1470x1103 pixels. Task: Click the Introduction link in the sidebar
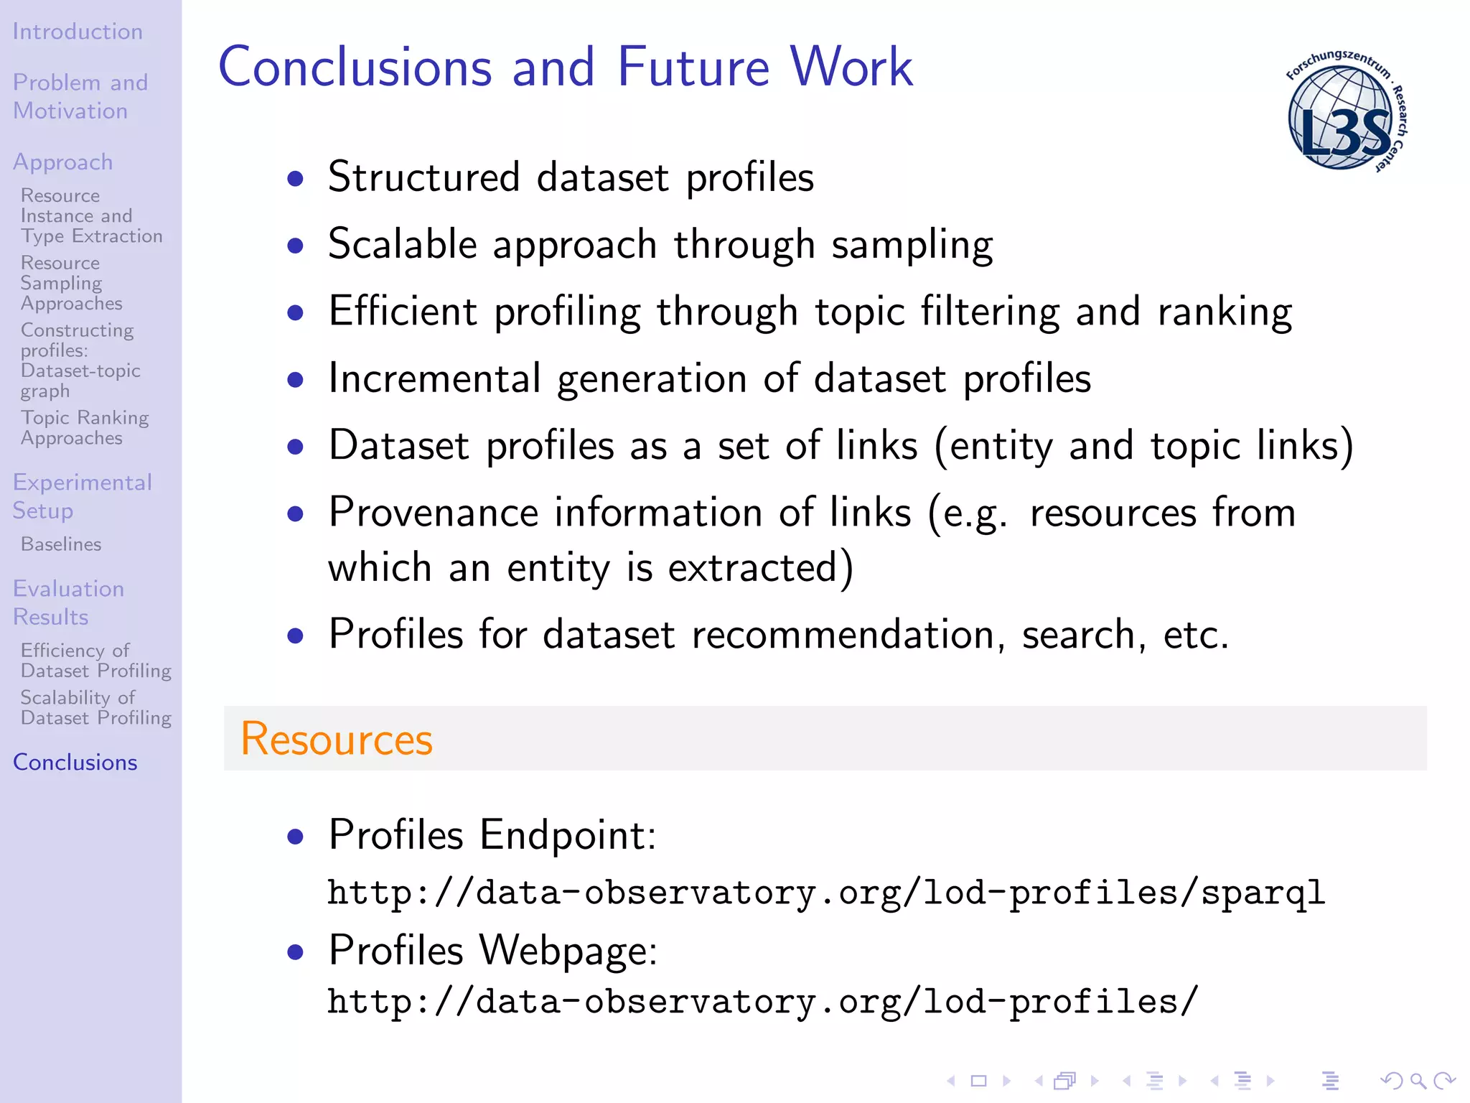coord(78,32)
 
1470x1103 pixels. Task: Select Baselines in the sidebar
coord(61,544)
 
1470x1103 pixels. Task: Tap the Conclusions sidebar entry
coord(75,763)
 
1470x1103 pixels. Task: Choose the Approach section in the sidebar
coord(63,162)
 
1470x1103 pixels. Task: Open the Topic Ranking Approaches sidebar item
coord(85,428)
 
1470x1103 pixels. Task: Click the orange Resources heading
coord(337,739)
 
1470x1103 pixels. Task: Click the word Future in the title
coord(693,67)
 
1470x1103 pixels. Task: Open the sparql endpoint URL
coord(825,893)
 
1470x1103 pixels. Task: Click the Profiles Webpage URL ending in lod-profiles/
coord(762,1002)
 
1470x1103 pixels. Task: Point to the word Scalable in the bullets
coord(403,244)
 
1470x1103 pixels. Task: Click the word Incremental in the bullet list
coord(434,378)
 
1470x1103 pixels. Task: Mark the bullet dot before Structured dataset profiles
coord(295,178)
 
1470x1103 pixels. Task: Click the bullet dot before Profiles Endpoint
coord(295,837)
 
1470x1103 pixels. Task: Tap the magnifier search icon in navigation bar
coord(1418,1081)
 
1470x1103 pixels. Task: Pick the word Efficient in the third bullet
coord(403,312)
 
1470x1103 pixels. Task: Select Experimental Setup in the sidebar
coord(82,496)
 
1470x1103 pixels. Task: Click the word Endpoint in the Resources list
coord(567,835)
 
